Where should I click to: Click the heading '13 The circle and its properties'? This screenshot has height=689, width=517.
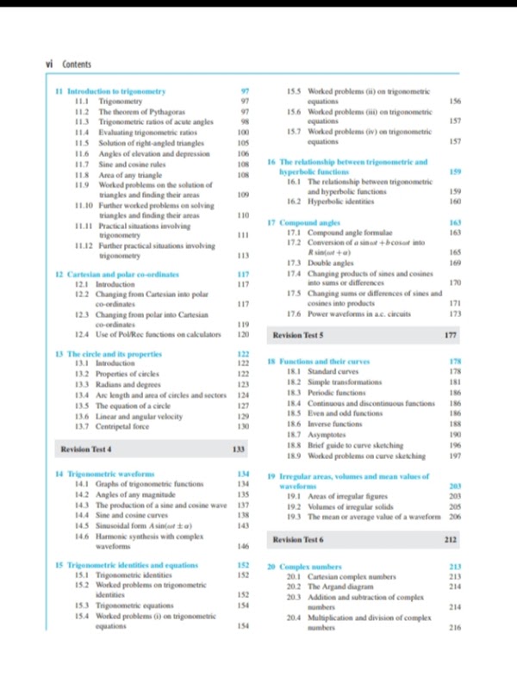pyautogui.click(x=120, y=354)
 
